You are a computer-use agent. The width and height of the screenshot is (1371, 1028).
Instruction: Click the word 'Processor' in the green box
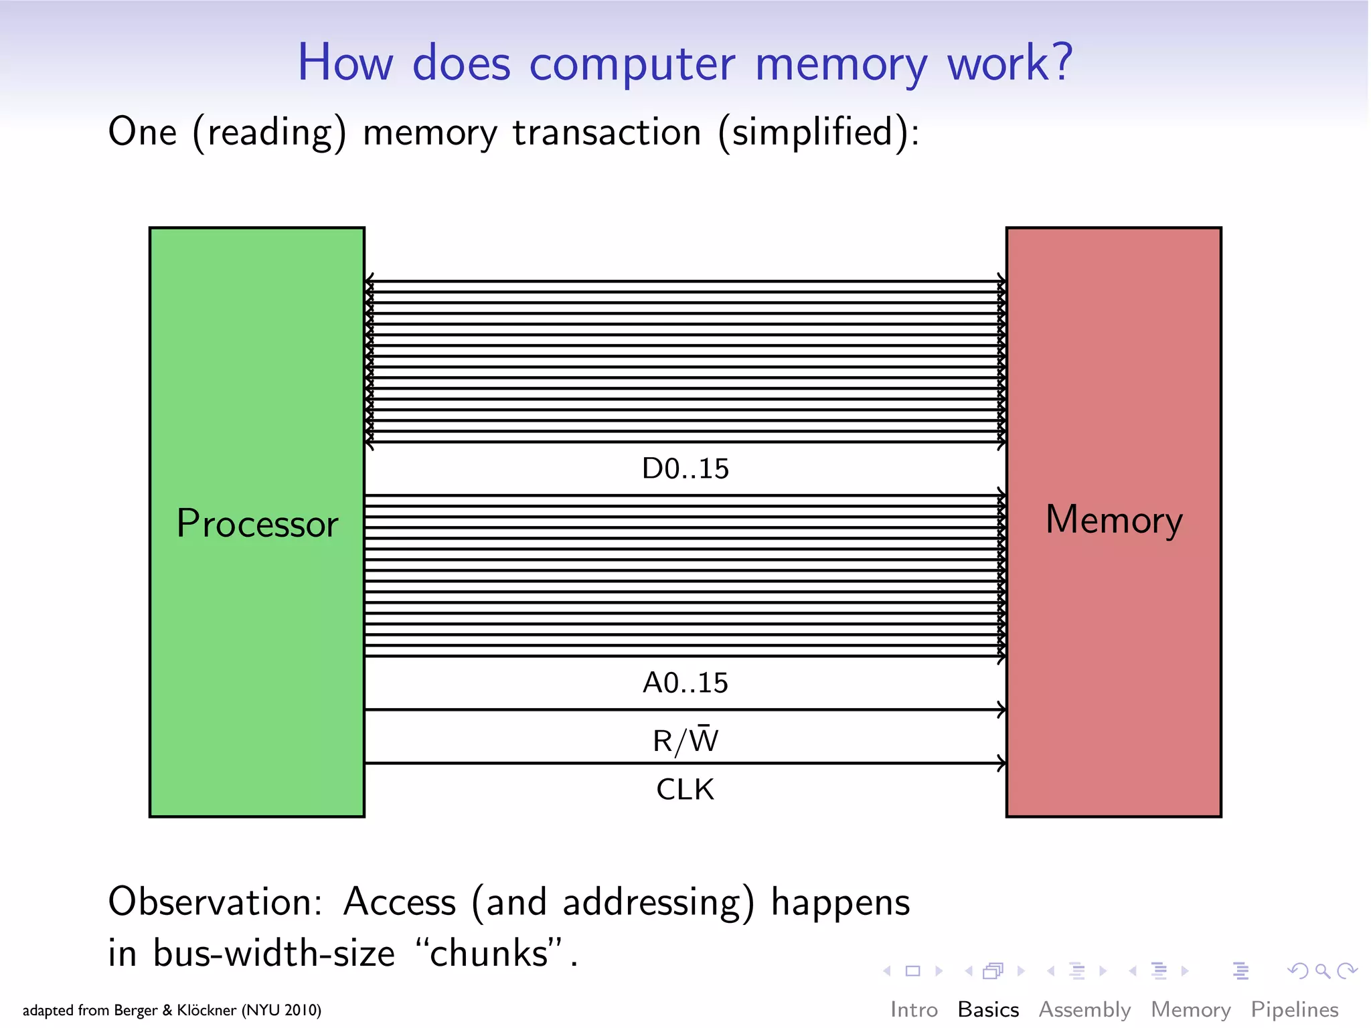coord(257,524)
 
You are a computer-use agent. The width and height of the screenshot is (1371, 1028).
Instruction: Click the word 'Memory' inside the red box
coord(1114,520)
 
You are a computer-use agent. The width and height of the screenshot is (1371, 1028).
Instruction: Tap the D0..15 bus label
coord(685,468)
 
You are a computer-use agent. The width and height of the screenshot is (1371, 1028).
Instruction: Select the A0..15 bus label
coord(685,683)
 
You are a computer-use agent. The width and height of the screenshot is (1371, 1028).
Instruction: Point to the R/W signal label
coord(685,740)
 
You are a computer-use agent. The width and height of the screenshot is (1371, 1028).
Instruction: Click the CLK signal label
coord(685,790)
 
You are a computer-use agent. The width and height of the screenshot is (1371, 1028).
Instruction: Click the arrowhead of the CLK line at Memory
coord(1001,763)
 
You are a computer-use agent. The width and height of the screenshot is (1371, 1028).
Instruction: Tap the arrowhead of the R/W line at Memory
coord(1001,709)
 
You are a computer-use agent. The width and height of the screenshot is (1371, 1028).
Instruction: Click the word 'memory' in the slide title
coord(841,64)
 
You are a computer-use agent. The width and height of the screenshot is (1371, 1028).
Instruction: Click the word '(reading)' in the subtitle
coord(270,132)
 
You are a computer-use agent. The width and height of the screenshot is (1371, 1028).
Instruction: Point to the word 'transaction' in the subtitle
coord(607,132)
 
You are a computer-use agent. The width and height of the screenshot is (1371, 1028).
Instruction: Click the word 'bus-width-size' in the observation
coord(274,953)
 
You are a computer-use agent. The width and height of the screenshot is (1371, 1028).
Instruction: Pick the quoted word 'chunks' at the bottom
coord(488,953)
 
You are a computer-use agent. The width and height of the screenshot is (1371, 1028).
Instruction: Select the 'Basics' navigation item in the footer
coord(988,1009)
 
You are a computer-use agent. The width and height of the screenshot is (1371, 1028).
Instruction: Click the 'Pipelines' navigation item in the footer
coord(1294,1009)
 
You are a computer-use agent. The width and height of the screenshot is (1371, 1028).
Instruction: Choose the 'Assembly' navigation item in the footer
coord(1084,1009)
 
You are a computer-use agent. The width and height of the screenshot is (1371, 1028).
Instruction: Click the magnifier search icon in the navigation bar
coord(1322,970)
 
